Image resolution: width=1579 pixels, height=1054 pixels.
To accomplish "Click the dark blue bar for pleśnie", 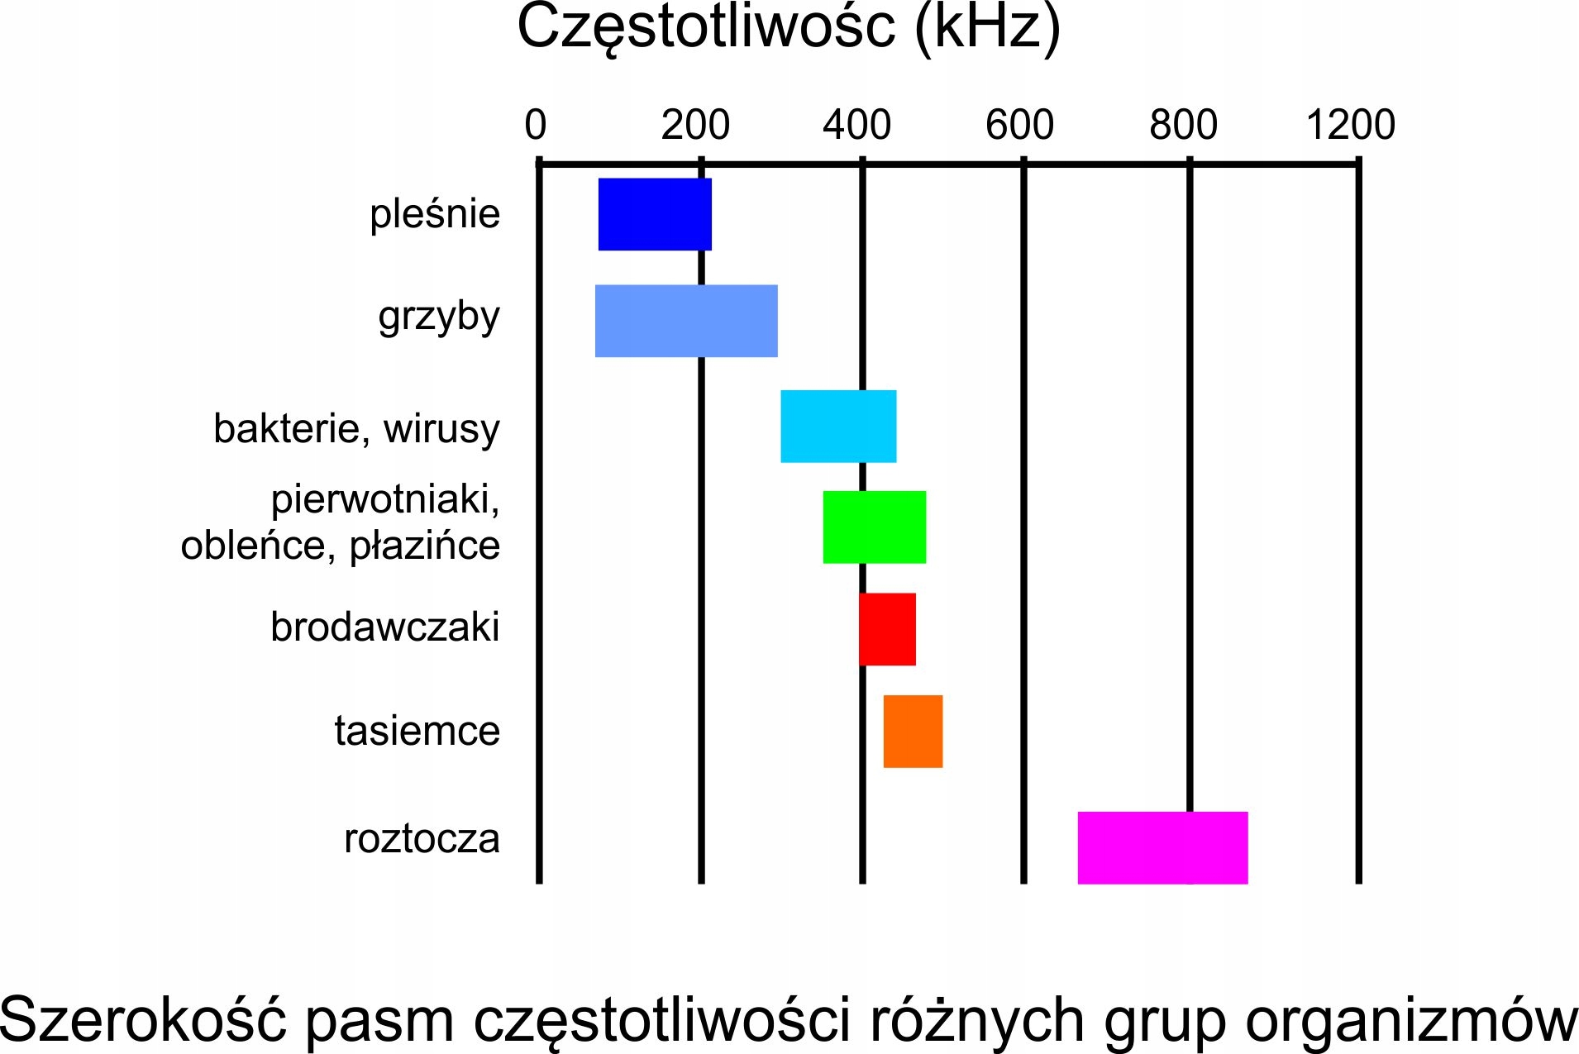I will click(655, 214).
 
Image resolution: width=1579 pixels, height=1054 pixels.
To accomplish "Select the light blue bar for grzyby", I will click(686, 321).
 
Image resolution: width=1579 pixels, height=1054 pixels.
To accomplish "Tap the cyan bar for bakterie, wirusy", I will click(838, 426).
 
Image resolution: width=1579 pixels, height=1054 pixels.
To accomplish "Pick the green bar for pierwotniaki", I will click(874, 527).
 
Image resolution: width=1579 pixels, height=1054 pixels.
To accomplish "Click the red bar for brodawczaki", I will click(887, 629).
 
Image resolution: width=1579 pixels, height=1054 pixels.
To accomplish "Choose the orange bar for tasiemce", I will click(913, 732).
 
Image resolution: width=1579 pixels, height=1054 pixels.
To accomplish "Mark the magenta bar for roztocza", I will click(1162, 847).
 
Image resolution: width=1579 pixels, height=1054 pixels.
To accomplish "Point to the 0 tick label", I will click(536, 125).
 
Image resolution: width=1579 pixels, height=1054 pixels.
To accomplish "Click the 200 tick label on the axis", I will click(695, 125).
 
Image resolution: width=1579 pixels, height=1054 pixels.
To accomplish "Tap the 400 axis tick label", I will click(856, 125).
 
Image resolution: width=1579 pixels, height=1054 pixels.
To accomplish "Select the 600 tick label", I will click(1019, 125).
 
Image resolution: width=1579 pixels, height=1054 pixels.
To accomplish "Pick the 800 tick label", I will click(1183, 125).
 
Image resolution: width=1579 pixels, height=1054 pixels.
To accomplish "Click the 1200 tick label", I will click(1351, 125).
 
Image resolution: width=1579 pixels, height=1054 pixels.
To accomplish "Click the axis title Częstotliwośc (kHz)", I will click(789, 28).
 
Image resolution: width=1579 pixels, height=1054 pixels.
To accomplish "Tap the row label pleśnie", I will click(435, 214).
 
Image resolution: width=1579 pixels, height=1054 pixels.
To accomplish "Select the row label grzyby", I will click(439, 317).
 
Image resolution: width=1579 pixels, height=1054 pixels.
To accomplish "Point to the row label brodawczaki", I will click(385, 627).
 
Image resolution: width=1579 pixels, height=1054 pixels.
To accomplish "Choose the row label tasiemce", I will click(417, 731).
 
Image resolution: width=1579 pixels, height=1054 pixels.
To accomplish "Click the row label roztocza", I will click(422, 838).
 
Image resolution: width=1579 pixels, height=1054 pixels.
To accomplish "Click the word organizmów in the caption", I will click(1412, 1020).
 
